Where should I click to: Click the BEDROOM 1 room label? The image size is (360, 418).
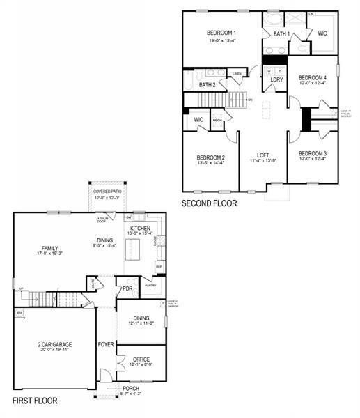click(x=221, y=33)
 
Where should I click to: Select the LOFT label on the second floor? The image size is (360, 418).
click(x=263, y=155)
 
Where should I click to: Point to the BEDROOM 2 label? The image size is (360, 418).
click(x=210, y=157)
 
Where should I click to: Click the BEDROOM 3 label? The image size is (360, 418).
click(x=312, y=153)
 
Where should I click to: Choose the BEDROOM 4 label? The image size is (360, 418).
click(x=312, y=77)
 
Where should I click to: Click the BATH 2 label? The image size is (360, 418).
click(x=207, y=85)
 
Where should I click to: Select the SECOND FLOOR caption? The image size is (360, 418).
click(x=209, y=204)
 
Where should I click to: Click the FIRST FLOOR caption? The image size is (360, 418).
click(x=35, y=401)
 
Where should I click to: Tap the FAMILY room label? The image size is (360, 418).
click(x=49, y=248)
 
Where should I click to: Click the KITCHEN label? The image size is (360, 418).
click(x=141, y=229)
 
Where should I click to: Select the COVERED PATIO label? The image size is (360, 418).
click(x=107, y=192)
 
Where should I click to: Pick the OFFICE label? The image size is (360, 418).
click(x=141, y=359)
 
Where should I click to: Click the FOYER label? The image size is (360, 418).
click(x=105, y=343)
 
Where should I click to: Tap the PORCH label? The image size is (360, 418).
click(x=130, y=389)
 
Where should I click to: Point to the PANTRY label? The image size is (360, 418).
click(x=148, y=284)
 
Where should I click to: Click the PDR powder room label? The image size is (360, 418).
click(x=127, y=288)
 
